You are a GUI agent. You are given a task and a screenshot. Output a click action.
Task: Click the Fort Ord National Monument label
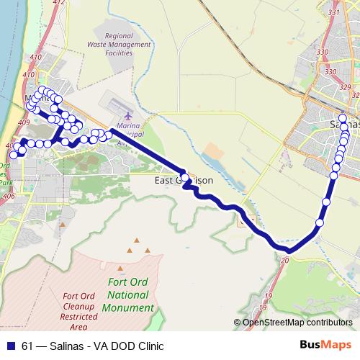pos(128,294)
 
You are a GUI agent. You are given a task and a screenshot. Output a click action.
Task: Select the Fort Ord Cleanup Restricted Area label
pos(79,310)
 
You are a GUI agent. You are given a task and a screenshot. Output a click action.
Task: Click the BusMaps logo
pos(325,344)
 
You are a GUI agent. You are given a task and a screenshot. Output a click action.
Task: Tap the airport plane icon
pos(128,115)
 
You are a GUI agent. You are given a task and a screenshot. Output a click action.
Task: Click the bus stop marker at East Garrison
pos(185,177)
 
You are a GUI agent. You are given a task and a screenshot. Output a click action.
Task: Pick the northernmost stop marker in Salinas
pos(343,118)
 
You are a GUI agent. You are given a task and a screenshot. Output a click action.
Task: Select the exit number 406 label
pos(9,195)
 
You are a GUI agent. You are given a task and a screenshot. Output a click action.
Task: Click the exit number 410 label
pos(29,73)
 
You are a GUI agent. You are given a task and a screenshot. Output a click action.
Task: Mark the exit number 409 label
pos(23,122)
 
